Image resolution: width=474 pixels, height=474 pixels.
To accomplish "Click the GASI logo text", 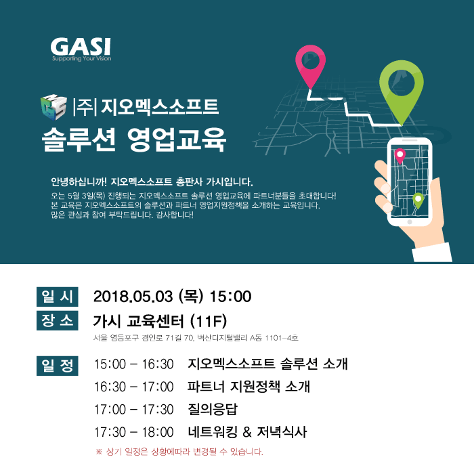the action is tap(81, 46).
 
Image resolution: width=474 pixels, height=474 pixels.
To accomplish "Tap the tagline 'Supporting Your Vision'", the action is tap(82, 58).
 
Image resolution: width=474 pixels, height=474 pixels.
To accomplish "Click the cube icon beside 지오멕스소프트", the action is tap(53, 107).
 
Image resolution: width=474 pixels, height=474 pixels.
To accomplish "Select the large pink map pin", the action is tap(310, 64).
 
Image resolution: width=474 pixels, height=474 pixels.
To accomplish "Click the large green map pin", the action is tap(402, 87).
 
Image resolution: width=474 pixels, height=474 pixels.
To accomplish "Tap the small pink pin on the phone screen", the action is tap(400, 156).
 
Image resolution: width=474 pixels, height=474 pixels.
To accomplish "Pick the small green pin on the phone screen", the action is tap(418, 200).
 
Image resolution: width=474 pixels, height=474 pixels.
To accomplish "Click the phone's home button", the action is tap(410, 222).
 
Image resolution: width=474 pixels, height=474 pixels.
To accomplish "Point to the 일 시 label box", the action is tap(58, 297).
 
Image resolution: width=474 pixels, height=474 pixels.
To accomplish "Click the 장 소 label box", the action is tap(58, 320).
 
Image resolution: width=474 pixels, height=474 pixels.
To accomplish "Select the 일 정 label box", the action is tap(58, 366).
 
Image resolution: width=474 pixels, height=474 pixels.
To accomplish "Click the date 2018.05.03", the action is tap(133, 297).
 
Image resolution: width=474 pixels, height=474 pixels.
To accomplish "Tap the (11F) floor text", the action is tap(209, 321).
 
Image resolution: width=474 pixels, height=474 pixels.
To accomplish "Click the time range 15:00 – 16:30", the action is tap(134, 364).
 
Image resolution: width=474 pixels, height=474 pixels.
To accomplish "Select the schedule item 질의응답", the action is tap(213, 409).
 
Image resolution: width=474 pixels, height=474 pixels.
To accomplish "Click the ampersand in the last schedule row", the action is tap(247, 432).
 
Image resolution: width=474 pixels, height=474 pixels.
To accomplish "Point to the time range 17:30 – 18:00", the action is tap(134, 432).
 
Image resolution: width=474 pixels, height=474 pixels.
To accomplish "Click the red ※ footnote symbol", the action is tap(99, 452).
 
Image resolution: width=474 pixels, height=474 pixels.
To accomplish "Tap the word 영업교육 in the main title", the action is tap(177, 139).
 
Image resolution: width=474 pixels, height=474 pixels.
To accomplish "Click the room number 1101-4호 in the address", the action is tap(282, 338).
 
